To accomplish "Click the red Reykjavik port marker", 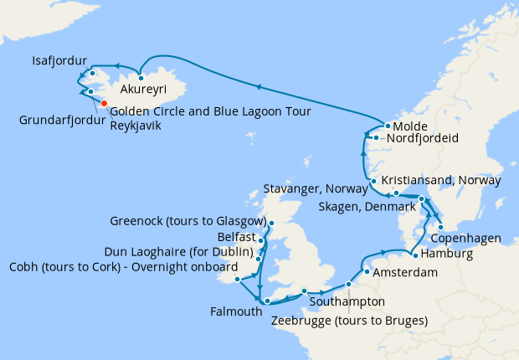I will (104, 104).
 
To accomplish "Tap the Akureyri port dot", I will (141, 78).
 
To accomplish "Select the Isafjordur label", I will (59, 61).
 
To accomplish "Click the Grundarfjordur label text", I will (62, 120).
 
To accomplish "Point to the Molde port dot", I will (387, 126).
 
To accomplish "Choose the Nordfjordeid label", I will (421, 138).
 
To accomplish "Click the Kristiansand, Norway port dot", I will (397, 193).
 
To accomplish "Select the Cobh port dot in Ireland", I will (238, 279).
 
